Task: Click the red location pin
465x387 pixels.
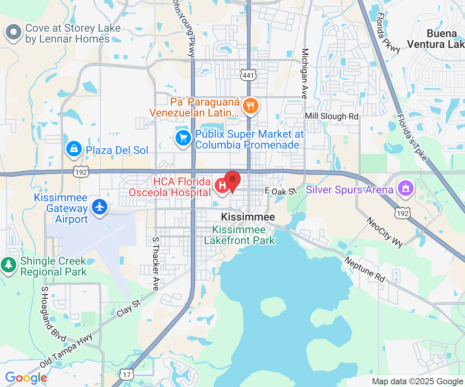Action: (x=232, y=180)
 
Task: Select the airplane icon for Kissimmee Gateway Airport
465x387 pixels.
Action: (x=100, y=207)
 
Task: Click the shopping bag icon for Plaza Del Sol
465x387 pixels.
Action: (x=73, y=149)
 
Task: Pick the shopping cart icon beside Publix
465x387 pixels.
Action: (x=183, y=138)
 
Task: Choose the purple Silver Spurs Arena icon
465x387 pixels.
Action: (x=405, y=189)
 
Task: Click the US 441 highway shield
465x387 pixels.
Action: (x=248, y=76)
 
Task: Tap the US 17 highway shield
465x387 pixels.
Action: (x=127, y=374)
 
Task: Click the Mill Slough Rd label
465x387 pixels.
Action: (x=332, y=116)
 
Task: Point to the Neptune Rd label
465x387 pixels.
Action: (x=365, y=269)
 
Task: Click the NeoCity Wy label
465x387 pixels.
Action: (x=384, y=231)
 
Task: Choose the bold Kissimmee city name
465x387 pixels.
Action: (x=248, y=217)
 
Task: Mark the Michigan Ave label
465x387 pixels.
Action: (x=305, y=74)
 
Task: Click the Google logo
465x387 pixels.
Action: (x=26, y=377)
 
